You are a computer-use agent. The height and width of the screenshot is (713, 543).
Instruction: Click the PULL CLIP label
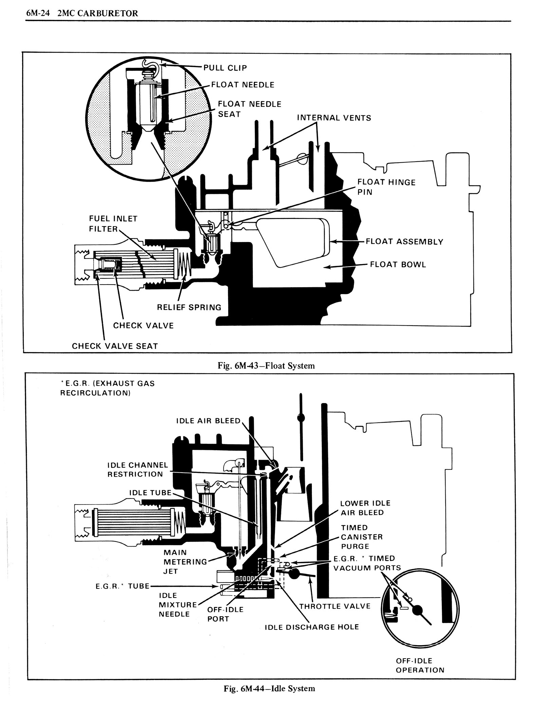click(x=225, y=68)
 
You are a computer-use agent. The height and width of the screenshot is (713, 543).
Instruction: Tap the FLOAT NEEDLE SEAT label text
click(x=249, y=109)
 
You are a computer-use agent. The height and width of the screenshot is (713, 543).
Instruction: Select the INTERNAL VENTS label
click(x=334, y=118)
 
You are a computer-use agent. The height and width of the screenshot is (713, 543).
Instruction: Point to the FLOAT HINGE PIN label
click(x=386, y=187)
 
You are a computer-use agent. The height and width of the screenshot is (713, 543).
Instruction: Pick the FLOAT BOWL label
click(x=398, y=264)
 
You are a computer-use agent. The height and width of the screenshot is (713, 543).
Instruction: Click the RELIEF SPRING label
click(x=189, y=307)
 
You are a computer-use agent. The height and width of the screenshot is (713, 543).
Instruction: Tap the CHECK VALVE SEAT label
click(x=115, y=346)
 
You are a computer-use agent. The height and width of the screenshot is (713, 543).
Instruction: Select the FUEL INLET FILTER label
click(x=113, y=224)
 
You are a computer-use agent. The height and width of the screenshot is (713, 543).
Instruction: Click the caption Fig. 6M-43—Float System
click(x=266, y=366)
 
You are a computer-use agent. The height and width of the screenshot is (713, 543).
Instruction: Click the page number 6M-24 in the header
click(x=37, y=13)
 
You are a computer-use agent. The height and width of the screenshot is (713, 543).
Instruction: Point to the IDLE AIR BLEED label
click(x=208, y=421)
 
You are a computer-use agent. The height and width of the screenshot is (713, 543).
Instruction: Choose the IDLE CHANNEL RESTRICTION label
click(x=137, y=470)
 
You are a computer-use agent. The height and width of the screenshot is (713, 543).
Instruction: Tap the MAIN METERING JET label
click(x=185, y=562)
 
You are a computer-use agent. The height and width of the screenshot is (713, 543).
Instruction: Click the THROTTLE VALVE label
click(x=335, y=606)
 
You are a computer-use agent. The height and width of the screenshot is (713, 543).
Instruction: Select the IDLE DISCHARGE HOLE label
click(x=312, y=627)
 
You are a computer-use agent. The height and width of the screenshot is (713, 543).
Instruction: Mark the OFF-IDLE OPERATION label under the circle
click(x=420, y=665)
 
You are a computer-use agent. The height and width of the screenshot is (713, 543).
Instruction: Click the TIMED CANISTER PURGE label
click(x=362, y=537)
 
